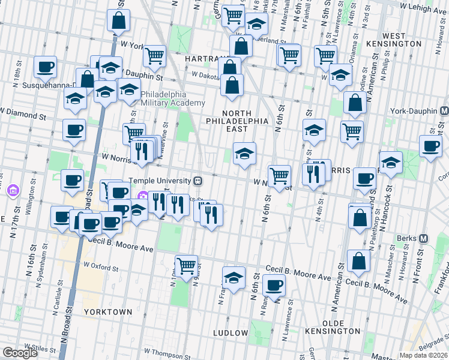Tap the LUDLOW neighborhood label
[x=231, y=332]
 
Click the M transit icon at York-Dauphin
[x=444, y=111]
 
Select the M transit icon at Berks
[x=423, y=238]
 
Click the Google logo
[x=20, y=353]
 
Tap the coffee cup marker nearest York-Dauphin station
[x=430, y=146]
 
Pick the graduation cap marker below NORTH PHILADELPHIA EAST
[x=244, y=154]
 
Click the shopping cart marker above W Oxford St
[x=186, y=264]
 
